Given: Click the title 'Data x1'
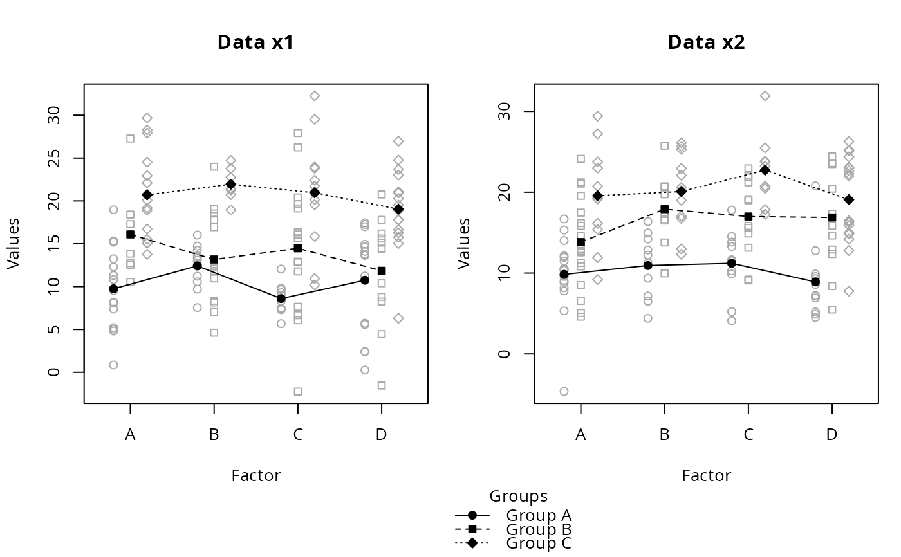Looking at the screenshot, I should tap(256, 42).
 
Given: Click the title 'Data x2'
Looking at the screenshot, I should tap(706, 42).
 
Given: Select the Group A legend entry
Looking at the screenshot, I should tap(538, 515).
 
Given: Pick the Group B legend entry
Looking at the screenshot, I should tap(538, 529).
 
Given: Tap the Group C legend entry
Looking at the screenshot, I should tap(538, 543).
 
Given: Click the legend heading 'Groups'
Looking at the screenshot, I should tap(518, 497).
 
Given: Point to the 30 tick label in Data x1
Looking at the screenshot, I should tap(59, 115).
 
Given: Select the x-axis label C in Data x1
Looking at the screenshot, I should tap(298, 435).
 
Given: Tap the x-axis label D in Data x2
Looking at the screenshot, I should tap(832, 435).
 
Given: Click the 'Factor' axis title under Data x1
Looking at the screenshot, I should tap(256, 476).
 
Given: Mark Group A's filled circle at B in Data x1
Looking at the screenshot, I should tap(197, 266).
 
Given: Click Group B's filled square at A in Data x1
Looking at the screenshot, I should tap(130, 235).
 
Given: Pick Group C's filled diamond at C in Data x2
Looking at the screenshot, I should tap(765, 170).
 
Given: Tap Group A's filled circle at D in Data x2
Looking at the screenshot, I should tap(815, 282).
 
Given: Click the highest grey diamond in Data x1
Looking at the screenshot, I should tap(315, 96).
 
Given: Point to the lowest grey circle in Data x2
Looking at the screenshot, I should tap(564, 391).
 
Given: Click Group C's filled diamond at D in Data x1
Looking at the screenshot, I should tap(398, 209).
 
